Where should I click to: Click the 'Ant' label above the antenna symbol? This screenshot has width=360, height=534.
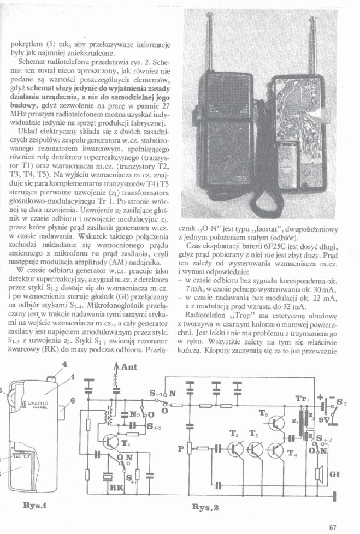click(129, 367)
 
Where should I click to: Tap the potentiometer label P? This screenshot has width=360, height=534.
click(180, 449)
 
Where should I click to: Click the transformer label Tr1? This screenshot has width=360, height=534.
click(301, 399)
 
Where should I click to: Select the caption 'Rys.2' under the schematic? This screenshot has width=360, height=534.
click(205, 506)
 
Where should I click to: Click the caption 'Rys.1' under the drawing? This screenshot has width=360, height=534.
click(36, 505)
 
